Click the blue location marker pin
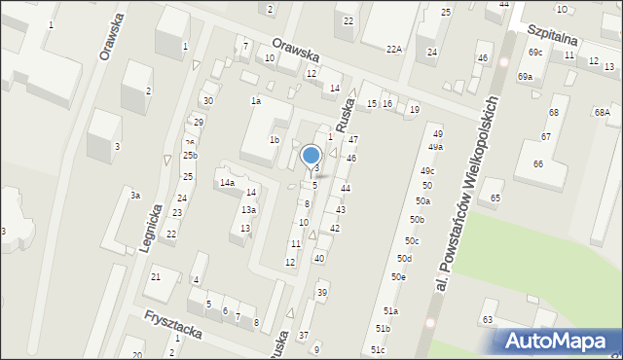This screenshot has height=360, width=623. point(311,156)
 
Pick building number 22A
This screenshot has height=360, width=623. point(393,49)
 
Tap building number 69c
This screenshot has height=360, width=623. point(535,52)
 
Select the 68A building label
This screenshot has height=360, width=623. point(602,113)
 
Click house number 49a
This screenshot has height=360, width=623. point(435,147)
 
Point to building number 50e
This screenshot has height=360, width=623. point(398,277)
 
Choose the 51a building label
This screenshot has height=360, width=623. point(390,310)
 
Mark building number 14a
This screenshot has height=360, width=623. point(227,183)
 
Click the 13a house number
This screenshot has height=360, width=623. point(249,210)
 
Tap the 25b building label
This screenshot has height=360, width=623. point(191,156)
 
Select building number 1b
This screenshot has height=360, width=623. point(275,140)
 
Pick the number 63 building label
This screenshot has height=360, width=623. point(488,319)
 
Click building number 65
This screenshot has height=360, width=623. point(495,198)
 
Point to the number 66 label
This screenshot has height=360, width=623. point(537,163)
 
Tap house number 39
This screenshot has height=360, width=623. point(322,293)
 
